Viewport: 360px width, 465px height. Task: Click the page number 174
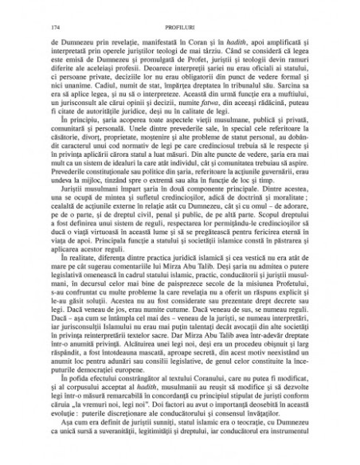coord(54,27)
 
